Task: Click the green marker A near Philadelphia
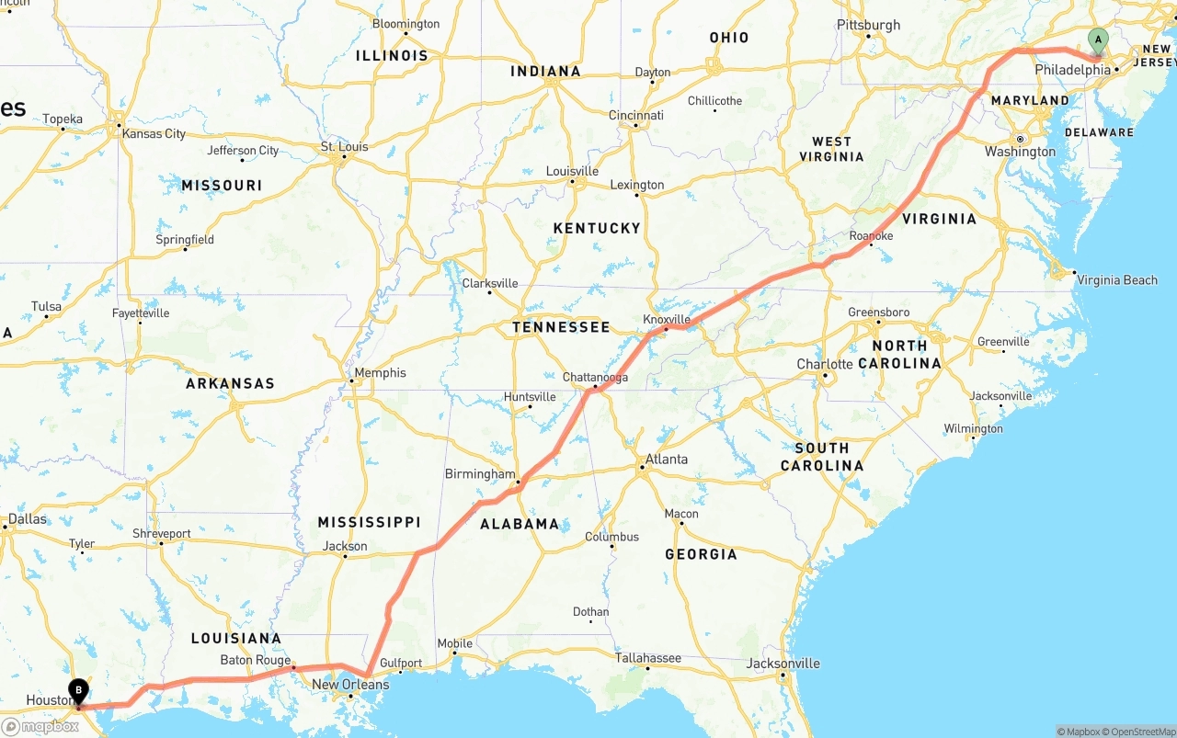1097,40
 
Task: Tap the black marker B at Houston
79,689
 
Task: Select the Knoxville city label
667,319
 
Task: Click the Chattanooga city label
596,377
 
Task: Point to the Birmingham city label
480,473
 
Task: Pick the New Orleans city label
350,684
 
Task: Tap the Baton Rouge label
256,660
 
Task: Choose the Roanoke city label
871,236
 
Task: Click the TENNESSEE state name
561,327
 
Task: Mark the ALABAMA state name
520,524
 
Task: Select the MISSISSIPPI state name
369,522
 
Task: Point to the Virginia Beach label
1117,280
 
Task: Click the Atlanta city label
666,459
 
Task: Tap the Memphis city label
380,372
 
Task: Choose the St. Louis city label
344,146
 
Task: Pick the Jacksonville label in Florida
783,663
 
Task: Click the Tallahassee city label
649,657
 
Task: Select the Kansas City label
154,133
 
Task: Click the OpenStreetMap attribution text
1141,732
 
